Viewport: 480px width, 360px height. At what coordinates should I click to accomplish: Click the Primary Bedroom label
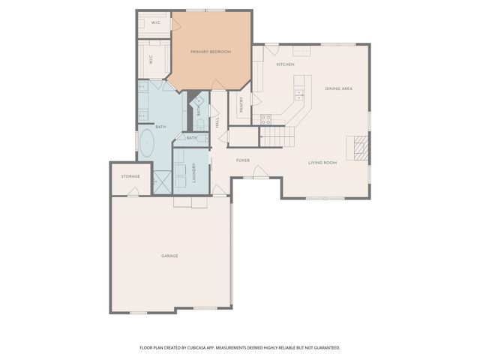click(210, 52)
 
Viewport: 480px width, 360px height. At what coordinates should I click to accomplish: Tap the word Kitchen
click(285, 64)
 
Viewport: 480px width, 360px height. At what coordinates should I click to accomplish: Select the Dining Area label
click(338, 88)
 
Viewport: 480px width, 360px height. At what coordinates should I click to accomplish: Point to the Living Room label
click(322, 162)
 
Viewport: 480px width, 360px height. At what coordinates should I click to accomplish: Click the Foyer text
click(243, 160)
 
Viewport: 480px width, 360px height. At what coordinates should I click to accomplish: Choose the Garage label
click(169, 256)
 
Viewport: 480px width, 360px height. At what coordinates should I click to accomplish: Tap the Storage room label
click(130, 176)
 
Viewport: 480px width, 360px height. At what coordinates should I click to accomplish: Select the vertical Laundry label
click(194, 173)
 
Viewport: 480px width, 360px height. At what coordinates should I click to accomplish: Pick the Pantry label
click(241, 105)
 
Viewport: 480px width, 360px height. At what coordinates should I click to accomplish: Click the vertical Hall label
click(217, 121)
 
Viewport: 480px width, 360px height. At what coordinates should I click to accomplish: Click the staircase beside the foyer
click(276, 136)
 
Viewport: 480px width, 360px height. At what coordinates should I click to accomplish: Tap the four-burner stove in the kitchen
click(265, 118)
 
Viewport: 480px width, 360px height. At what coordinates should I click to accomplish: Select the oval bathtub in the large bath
click(145, 142)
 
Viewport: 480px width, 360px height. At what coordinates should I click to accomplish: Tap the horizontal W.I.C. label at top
click(156, 23)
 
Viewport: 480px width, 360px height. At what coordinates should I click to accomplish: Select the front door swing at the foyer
click(259, 172)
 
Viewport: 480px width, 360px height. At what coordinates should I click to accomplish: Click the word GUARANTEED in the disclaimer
click(325, 348)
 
